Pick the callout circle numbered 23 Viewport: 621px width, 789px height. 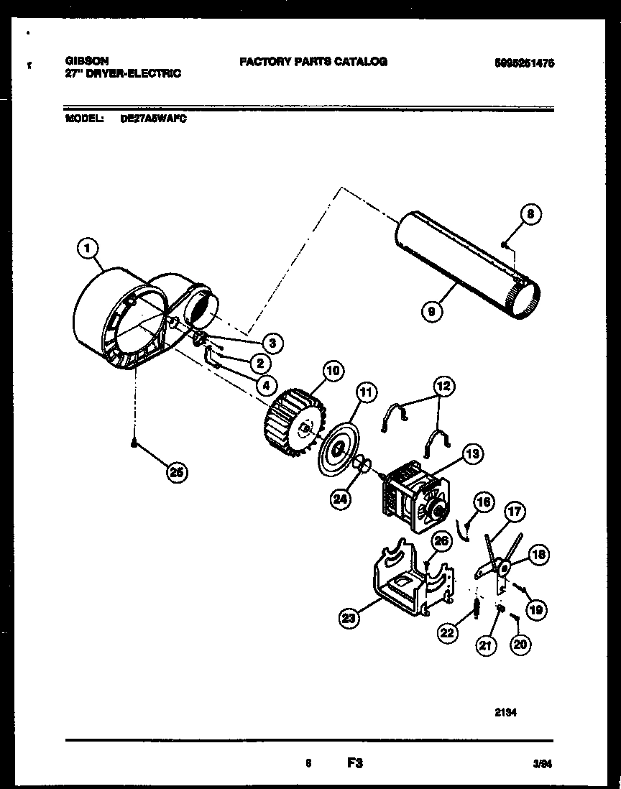tap(350, 616)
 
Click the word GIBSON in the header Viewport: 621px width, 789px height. tap(82, 63)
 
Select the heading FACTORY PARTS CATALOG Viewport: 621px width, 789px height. tap(313, 62)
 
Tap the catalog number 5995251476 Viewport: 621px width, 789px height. tap(524, 63)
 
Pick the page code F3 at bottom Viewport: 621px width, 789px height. tap(355, 764)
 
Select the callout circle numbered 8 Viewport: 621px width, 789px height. tap(530, 214)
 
